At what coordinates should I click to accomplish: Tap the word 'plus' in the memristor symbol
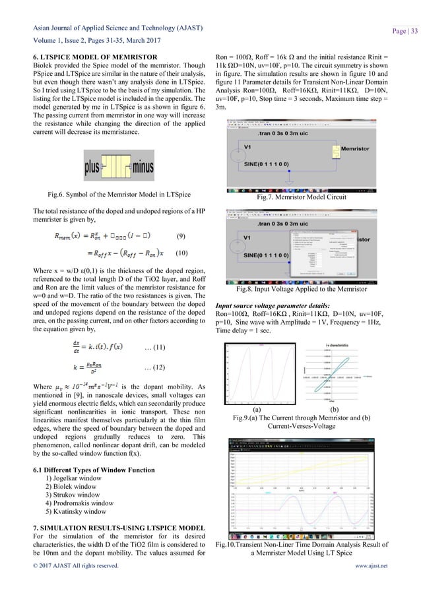coord(92,165)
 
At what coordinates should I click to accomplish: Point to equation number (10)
coord(182,253)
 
